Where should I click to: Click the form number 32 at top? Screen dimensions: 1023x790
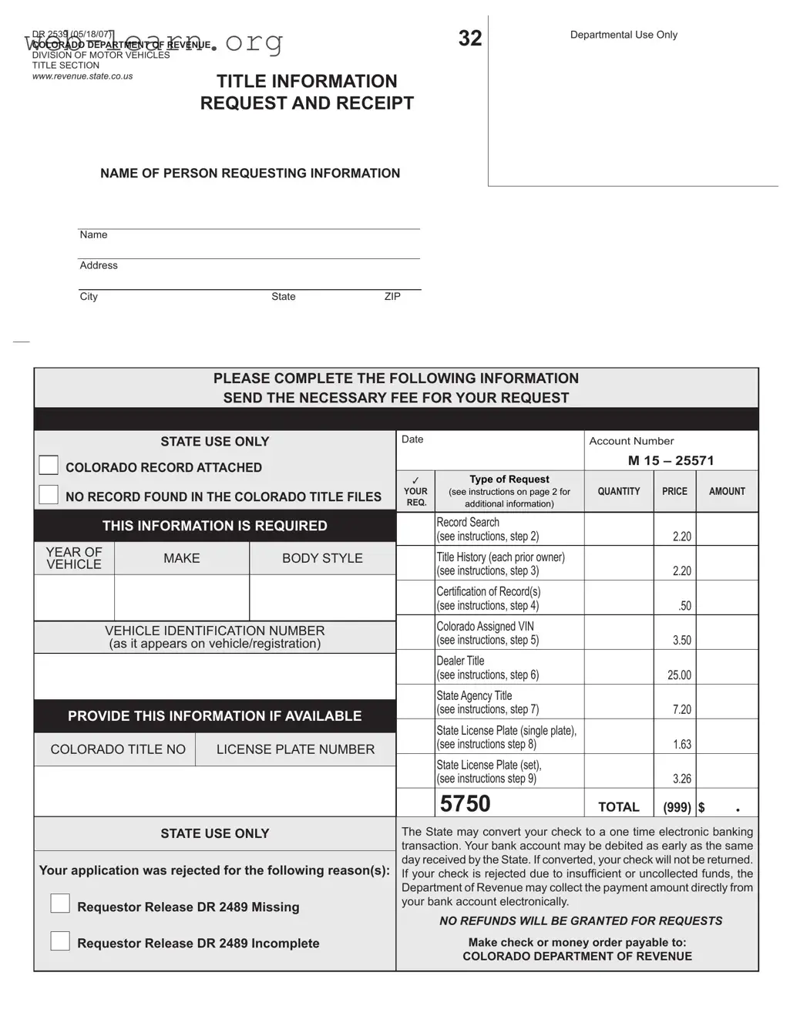pyautogui.click(x=469, y=39)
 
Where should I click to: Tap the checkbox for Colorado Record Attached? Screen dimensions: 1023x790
pyautogui.click(x=49, y=465)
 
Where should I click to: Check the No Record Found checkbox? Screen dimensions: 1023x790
pyautogui.click(x=49, y=495)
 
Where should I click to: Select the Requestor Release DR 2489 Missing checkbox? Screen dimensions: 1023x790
pyautogui.click(x=60, y=904)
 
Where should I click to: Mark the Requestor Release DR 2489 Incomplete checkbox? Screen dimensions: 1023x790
pyautogui.click(x=60, y=941)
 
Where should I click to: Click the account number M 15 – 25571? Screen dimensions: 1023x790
pyautogui.click(x=671, y=460)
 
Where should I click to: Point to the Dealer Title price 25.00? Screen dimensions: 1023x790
pyautogui.click(x=679, y=675)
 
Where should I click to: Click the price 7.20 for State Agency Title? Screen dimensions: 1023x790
pyautogui.click(x=681, y=710)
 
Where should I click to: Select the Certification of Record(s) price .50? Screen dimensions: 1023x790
pyautogui.click(x=684, y=606)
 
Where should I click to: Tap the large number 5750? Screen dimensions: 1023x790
pyautogui.click(x=465, y=804)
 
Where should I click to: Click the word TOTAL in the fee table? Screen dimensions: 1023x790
pyautogui.click(x=618, y=807)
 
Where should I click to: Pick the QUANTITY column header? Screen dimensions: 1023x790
pyautogui.click(x=618, y=491)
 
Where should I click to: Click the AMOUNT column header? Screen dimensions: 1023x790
pyautogui.click(x=727, y=491)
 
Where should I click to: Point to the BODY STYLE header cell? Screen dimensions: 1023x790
pyautogui.click(x=322, y=558)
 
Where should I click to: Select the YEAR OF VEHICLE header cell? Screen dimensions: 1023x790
pyautogui.click(x=74, y=558)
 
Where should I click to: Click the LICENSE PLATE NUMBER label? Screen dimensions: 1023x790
pyautogui.click(x=295, y=749)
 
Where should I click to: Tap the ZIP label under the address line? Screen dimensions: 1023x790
pyautogui.click(x=392, y=297)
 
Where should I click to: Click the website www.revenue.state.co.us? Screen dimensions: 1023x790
pyautogui.click(x=82, y=76)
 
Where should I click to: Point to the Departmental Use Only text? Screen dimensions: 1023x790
pyautogui.click(x=624, y=35)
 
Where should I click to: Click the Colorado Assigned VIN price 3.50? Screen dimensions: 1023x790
pyautogui.click(x=681, y=641)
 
